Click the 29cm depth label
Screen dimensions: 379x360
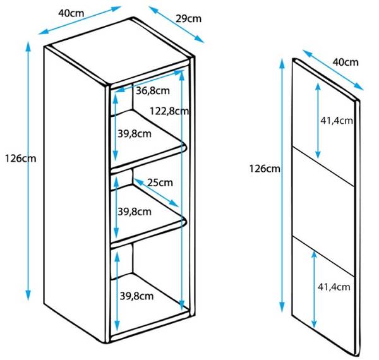coord(188,18)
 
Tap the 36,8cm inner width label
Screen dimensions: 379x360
coord(153,91)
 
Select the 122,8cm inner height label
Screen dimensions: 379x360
coord(169,111)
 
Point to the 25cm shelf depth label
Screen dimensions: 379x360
coord(160,183)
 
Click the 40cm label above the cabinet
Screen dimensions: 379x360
coord(71,13)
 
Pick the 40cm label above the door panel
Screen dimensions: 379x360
coord(346,63)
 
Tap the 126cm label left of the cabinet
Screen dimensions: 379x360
coord(21,159)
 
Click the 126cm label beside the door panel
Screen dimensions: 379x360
coord(265,169)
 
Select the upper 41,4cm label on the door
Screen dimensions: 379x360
coord(337,121)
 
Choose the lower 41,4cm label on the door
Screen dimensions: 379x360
coord(334,287)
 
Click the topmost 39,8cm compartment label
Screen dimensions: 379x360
coord(135,134)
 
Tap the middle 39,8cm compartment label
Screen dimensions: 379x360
coord(135,212)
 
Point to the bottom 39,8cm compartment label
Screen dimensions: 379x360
coord(136,296)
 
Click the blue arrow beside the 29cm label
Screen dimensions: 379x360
coord(176,25)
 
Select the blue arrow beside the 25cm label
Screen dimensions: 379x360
coord(156,193)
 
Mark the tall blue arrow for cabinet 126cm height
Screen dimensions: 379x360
coord(28,171)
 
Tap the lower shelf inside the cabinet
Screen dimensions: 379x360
coord(148,216)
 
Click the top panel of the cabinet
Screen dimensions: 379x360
coord(119,52)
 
